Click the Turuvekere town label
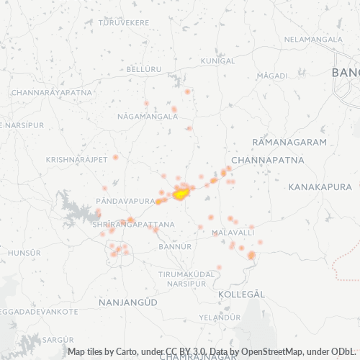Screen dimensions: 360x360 point(124,23)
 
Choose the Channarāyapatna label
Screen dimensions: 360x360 point(51,93)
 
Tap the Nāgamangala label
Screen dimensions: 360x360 point(147,115)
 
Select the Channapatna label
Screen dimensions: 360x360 point(268,159)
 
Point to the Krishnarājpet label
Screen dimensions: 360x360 point(76,159)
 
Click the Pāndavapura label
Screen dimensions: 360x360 point(125,201)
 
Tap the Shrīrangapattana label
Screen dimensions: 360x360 point(133,225)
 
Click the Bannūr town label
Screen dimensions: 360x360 point(174,246)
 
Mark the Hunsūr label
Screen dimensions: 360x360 point(24,253)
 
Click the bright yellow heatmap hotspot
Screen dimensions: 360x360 point(181,192)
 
